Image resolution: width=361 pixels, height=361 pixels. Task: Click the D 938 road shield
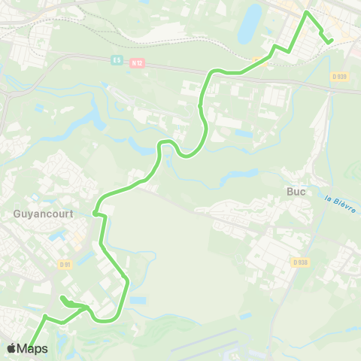pyautogui.click(x=300, y=262)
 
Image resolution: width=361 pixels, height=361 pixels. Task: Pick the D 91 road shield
pyautogui.click(x=65, y=263)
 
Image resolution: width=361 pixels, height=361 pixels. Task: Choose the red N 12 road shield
pyautogui.click(x=136, y=64)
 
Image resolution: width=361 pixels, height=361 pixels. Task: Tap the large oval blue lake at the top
pyautogui.click(x=250, y=24)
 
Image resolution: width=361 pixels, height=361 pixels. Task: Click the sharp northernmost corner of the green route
pyautogui.click(x=305, y=13)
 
